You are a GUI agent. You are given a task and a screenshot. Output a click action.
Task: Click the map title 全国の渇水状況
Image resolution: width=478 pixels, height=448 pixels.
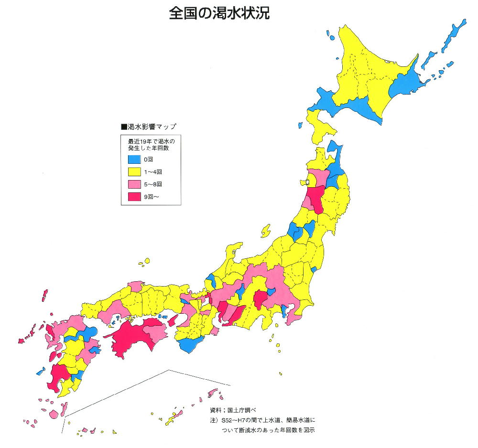click(x=219, y=13)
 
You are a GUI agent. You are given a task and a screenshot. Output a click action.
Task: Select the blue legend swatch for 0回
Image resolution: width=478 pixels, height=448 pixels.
click(x=134, y=159)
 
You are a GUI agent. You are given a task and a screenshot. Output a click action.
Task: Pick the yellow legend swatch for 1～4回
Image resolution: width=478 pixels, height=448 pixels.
click(x=134, y=171)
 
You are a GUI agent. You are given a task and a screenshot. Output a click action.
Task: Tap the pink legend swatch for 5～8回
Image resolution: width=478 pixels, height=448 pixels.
click(x=134, y=184)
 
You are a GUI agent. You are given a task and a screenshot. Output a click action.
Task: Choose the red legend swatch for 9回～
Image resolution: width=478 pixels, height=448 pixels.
click(x=134, y=196)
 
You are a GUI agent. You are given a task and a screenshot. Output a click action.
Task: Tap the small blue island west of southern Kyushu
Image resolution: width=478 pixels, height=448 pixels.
click(x=40, y=371)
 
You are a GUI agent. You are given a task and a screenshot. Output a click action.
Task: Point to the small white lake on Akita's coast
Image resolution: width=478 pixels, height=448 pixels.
click(x=308, y=182)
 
